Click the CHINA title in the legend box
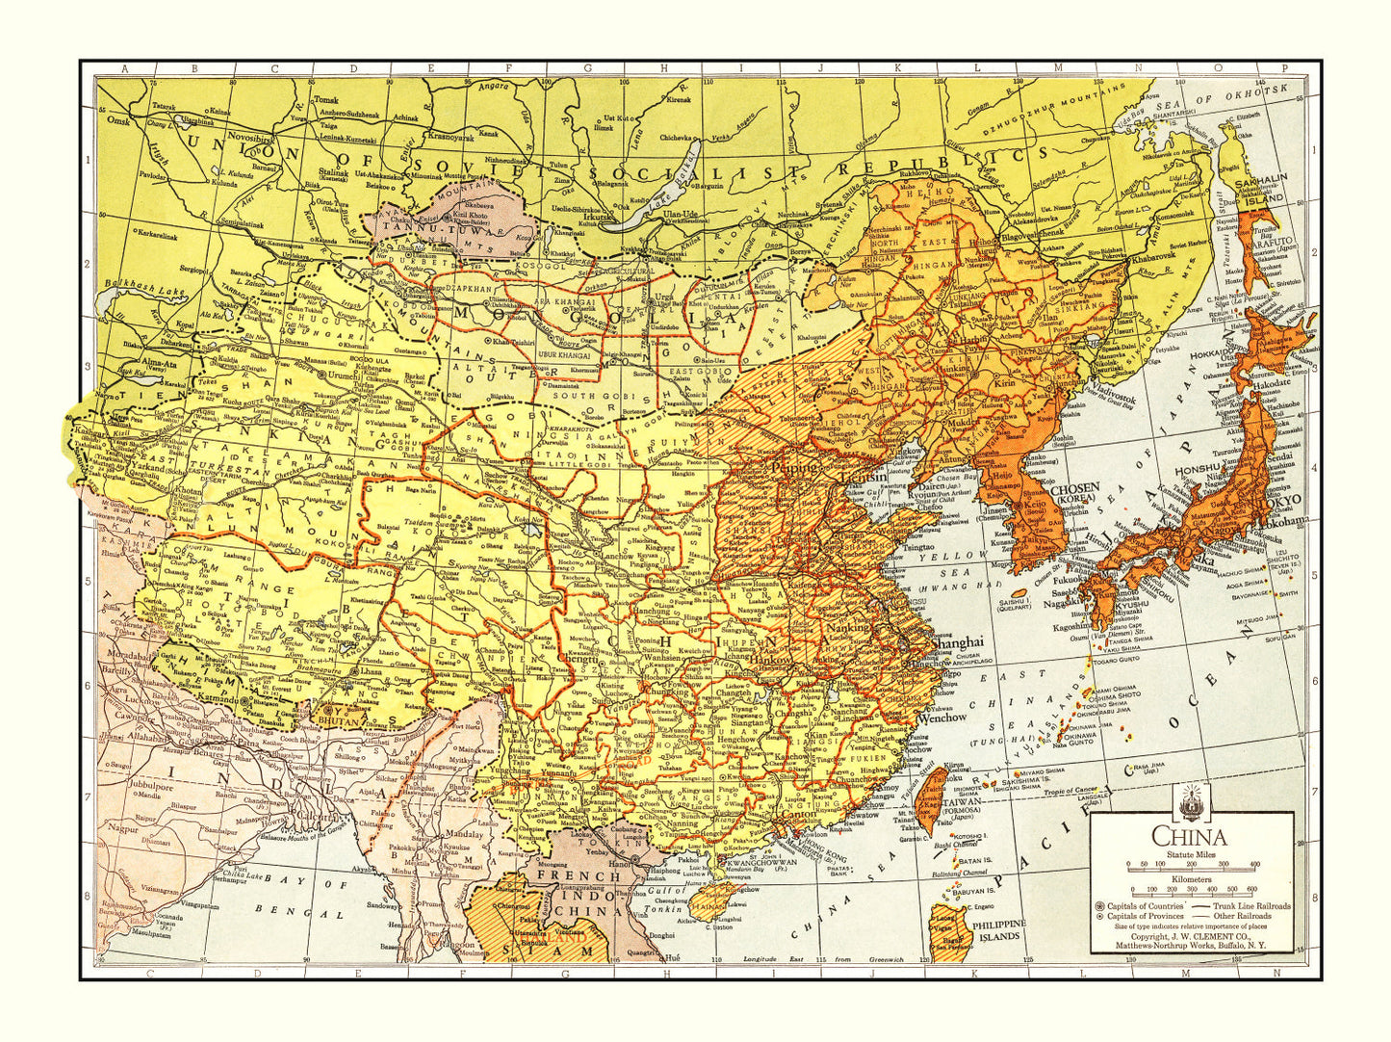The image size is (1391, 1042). [x=1190, y=838]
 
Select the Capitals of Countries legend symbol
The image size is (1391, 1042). [x=1100, y=906]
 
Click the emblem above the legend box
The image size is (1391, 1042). [x=1190, y=799]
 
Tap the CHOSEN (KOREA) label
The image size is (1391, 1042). [x=1074, y=494]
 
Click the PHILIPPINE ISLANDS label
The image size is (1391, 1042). [x=1000, y=929]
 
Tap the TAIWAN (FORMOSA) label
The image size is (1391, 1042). [x=963, y=805]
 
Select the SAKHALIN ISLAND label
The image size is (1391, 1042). [x=1265, y=188]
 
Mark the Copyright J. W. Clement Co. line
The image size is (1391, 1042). [x=1190, y=936]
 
